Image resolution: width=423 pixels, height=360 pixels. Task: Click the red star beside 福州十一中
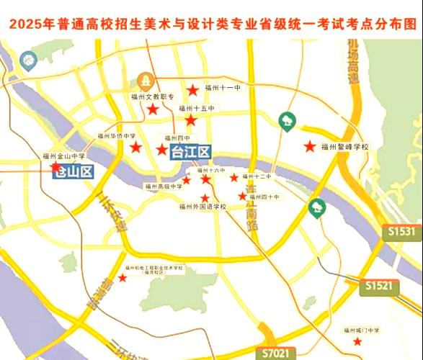point(193,89)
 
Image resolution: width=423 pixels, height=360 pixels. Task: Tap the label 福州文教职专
point(148,95)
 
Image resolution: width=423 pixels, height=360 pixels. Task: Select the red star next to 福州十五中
point(190,120)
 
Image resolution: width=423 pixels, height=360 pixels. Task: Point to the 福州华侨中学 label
point(117,135)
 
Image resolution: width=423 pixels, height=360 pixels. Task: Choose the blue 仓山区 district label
point(75,171)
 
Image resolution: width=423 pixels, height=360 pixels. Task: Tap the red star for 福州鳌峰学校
point(310,146)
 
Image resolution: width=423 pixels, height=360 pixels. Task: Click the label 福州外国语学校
point(203,207)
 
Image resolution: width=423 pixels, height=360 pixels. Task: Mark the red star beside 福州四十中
point(243,196)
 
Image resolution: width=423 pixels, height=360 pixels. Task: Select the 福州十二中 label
point(257,176)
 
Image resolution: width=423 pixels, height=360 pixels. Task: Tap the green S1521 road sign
point(378,286)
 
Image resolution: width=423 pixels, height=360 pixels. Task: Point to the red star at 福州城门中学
point(358,341)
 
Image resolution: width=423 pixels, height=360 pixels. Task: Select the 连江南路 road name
point(251,210)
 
